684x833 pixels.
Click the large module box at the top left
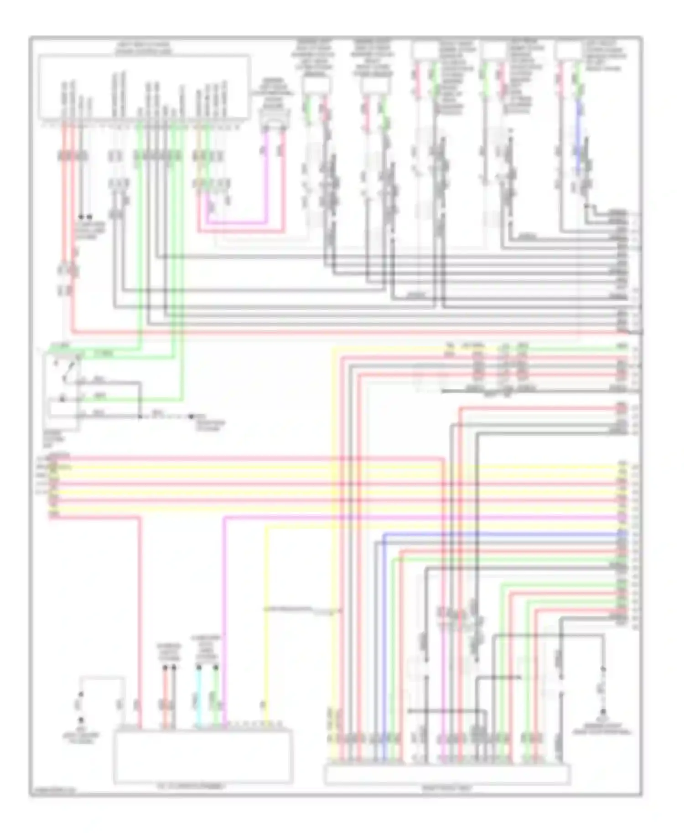pos(144,87)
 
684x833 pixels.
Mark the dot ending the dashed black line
pos(192,416)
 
